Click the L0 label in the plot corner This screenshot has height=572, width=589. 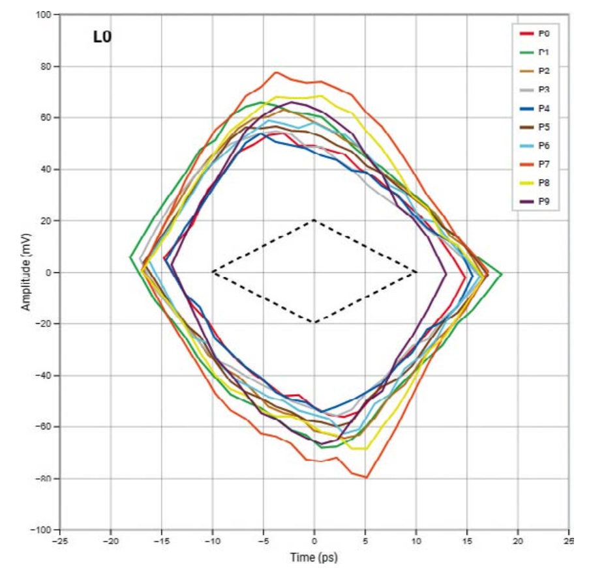click(x=102, y=37)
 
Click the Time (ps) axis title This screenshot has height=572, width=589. click(x=314, y=558)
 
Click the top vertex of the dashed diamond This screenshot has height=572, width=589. click(x=314, y=220)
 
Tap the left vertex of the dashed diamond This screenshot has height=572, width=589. click(x=213, y=272)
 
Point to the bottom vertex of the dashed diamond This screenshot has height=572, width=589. click(x=314, y=322)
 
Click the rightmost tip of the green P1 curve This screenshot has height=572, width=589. click(x=501, y=274)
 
